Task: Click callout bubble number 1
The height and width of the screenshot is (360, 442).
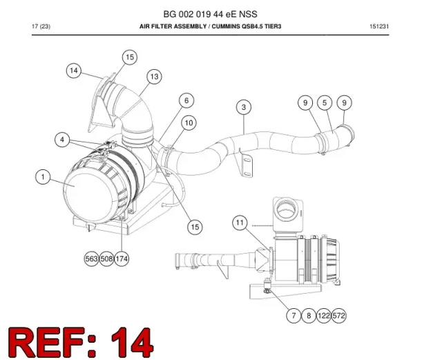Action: [x=43, y=177]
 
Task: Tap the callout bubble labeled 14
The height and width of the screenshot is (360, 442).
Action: [x=74, y=70]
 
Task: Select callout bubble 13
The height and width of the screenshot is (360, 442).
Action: [x=154, y=77]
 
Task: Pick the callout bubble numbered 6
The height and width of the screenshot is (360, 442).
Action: [x=186, y=100]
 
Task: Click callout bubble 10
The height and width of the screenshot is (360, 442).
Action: [x=189, y=123]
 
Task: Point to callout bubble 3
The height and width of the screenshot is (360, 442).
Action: [x=244, y=107]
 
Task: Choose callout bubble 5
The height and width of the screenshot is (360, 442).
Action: [x=325, y=103]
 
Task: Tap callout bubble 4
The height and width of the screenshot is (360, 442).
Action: [x=62, y=140]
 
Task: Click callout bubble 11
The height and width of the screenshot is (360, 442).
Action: [x=240, y=223]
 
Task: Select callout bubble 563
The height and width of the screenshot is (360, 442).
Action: [x=91, y=258]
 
